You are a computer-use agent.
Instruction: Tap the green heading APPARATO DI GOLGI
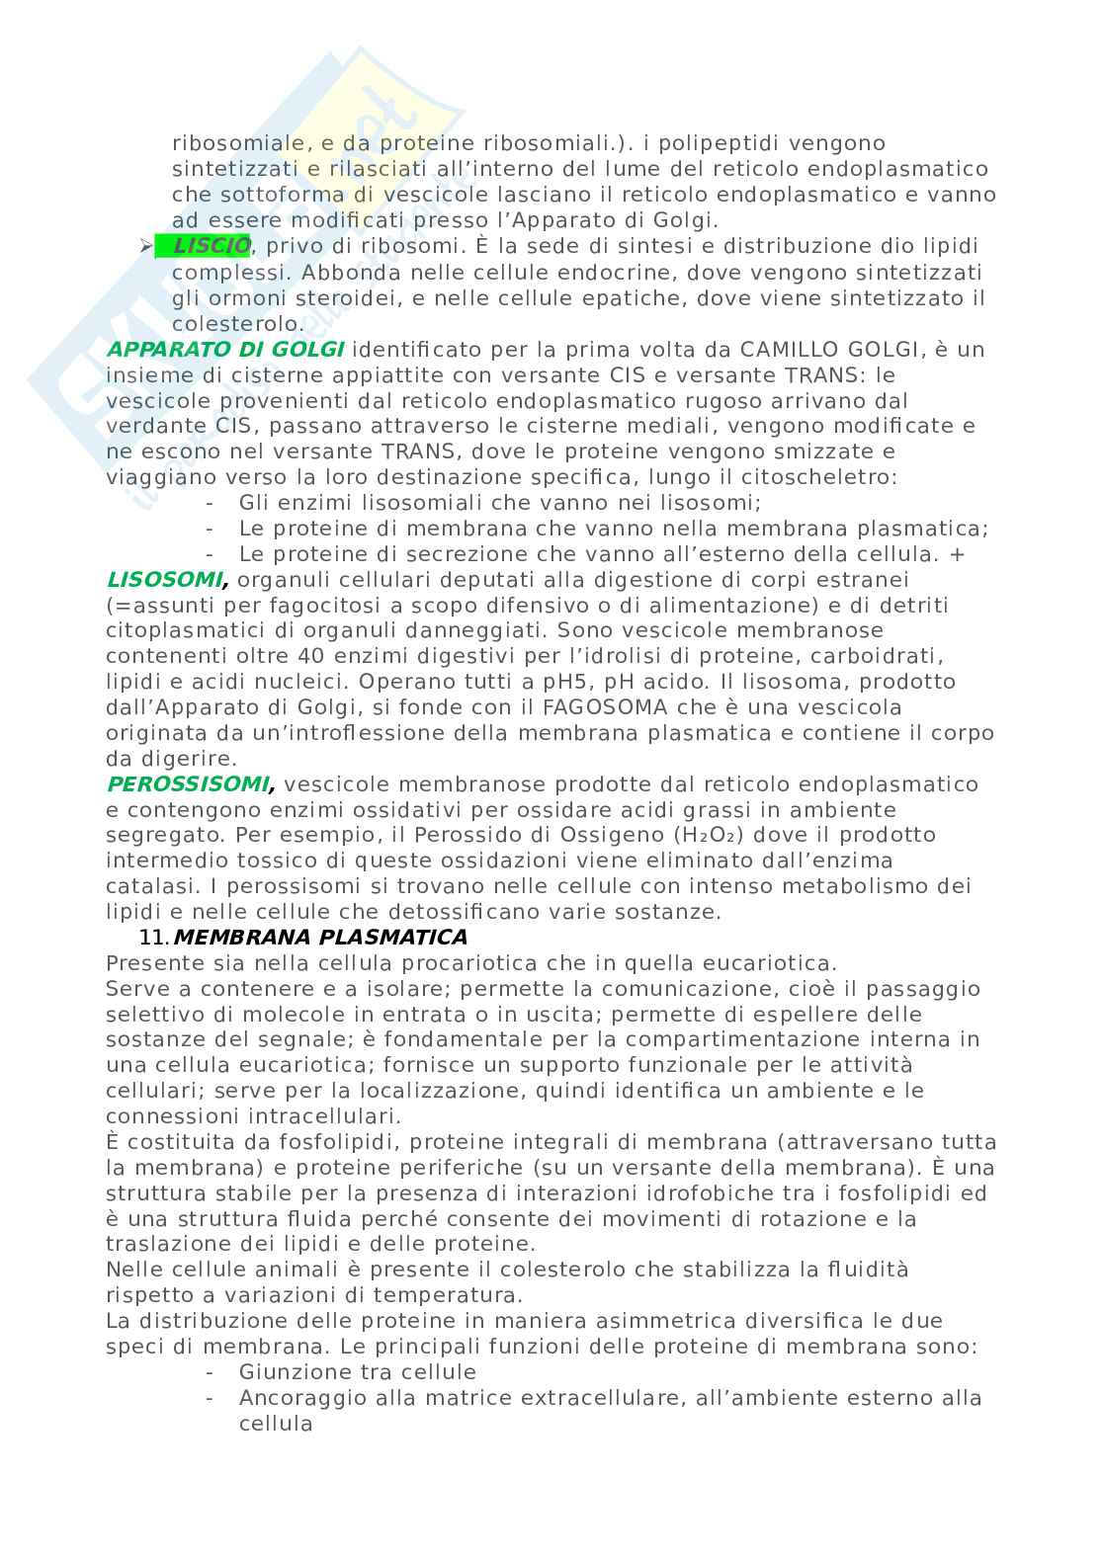225,349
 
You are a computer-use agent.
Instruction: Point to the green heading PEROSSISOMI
189,784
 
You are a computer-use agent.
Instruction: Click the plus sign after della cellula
956,554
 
